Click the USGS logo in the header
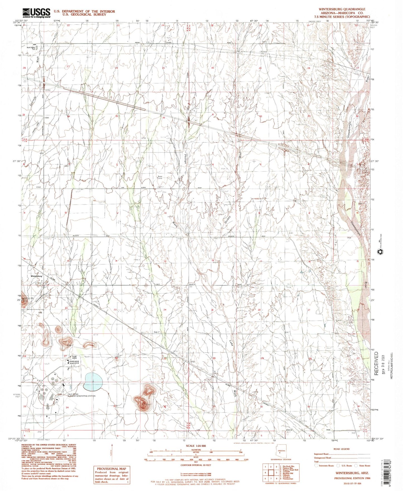(36, 13)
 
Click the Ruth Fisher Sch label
(32, 48)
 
